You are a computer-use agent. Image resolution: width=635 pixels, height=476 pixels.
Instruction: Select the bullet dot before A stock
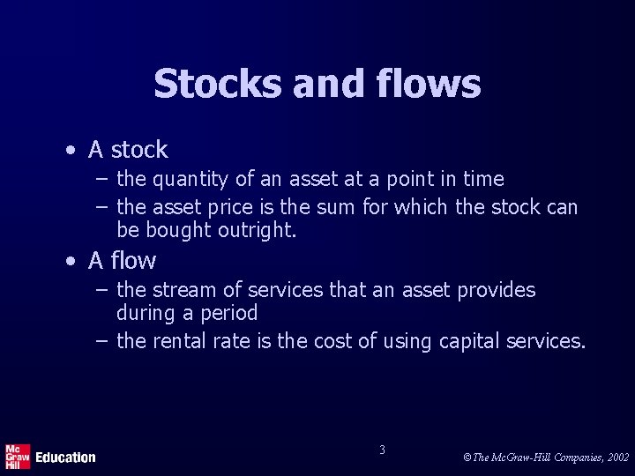[x=71, y=151]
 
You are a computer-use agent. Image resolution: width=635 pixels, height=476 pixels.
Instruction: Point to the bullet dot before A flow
[x=71, y=262]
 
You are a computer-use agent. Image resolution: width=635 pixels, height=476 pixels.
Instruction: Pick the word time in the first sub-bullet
[x=483, y=179]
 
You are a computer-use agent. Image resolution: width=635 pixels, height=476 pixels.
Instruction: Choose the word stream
[x=182, y=290]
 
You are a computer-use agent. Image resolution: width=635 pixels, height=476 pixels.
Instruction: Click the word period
[x=229, y=313]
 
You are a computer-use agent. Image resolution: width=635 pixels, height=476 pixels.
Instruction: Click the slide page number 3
[x=382, y=450]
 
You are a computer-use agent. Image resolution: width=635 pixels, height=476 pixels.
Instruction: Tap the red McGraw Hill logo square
[x=18, y=455]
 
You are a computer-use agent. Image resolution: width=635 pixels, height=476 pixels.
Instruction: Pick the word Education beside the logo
[x=65, y=457]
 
